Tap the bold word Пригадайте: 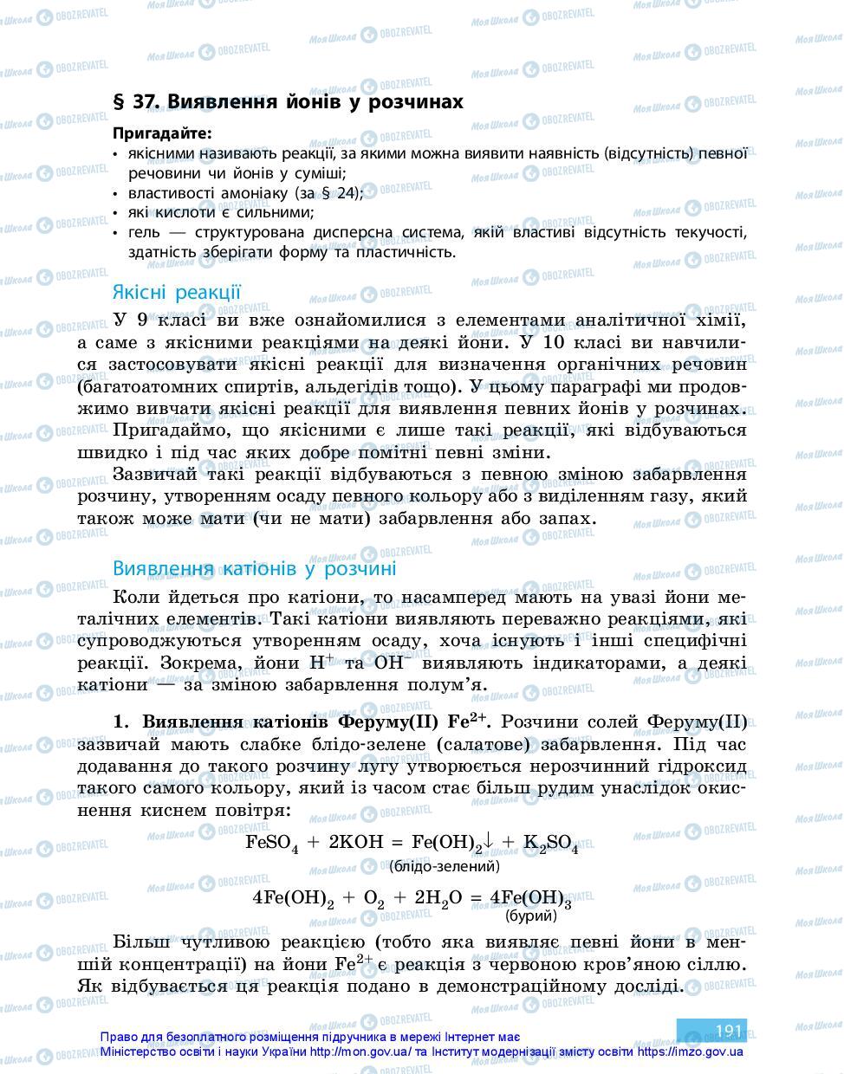(161, 133)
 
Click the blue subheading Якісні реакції (177, 292)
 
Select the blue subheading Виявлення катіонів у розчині (254, 568)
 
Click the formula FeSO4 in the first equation (272, 843)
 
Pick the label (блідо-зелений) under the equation (445, 865)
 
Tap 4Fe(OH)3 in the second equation (530, 898)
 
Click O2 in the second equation (373, 898)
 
